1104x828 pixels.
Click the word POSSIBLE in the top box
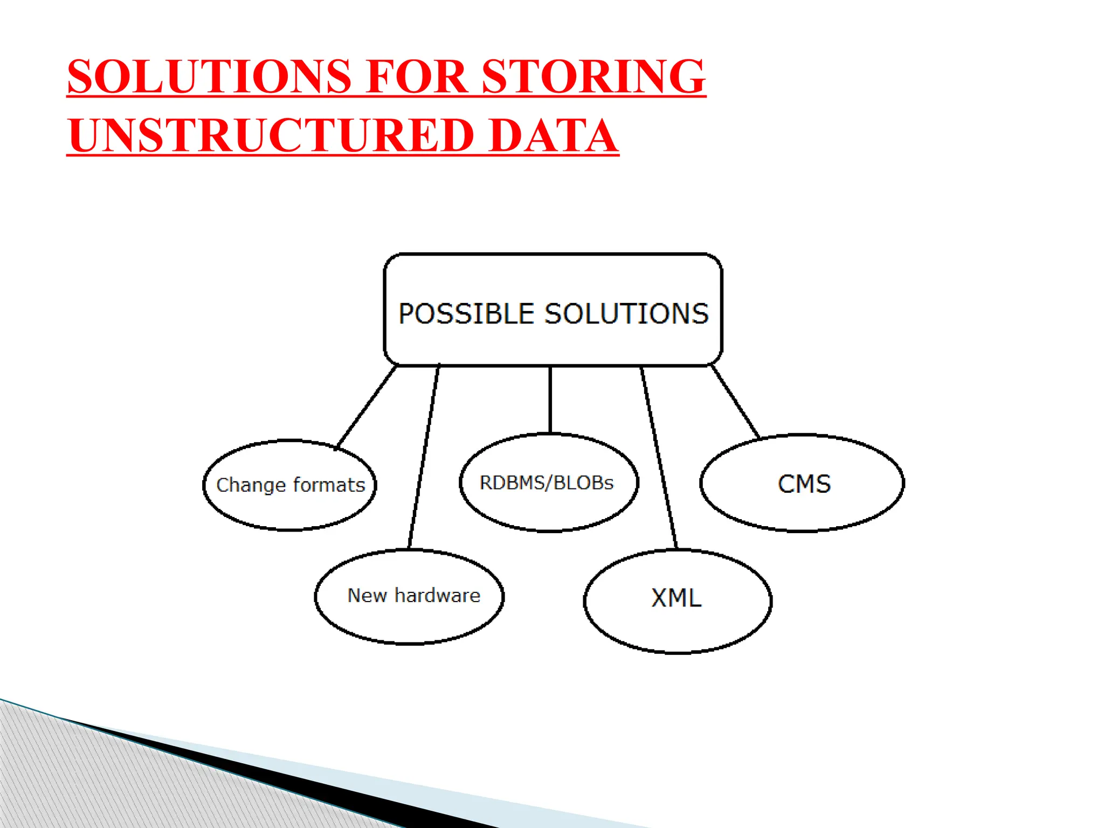(x=467, y=314)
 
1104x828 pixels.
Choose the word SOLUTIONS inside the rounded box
(x=626, y=314)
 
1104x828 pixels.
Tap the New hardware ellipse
(x=410, y=620)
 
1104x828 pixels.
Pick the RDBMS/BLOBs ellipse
(x=549, y=507)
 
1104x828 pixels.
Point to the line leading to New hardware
(x=424, y=456)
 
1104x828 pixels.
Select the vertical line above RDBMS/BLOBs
(x=550, y=399)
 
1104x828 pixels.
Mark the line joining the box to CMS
(x=735, y=402)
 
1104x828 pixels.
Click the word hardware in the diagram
(x=437, y=595)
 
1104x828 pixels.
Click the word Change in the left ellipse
(x=251, y=485)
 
